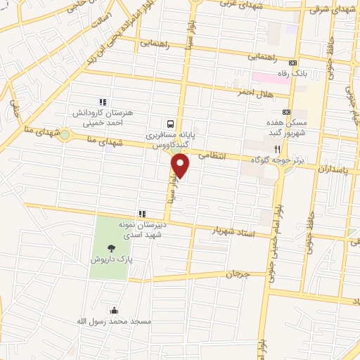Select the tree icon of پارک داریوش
click(x=111, y=247)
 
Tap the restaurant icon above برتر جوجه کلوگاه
click(x=278, y=149)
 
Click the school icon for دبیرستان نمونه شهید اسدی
click(x=141, y=214)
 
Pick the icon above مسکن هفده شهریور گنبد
click(x=286, y=112)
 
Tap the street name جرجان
click(x=238, y=273)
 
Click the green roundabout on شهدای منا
click(x=65, y=134)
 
